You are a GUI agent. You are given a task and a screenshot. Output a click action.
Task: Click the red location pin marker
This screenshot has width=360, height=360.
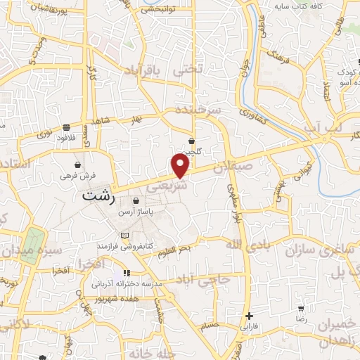click(181, 166)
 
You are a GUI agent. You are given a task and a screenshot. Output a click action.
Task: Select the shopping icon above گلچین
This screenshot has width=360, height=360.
click(192, 141)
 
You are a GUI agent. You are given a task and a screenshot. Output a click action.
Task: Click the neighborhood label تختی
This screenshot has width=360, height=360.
click(209, 68)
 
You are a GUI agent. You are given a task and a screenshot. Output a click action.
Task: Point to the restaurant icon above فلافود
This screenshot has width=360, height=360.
click(66, 128)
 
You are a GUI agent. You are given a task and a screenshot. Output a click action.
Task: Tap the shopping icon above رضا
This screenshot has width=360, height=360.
click(301, 308)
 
